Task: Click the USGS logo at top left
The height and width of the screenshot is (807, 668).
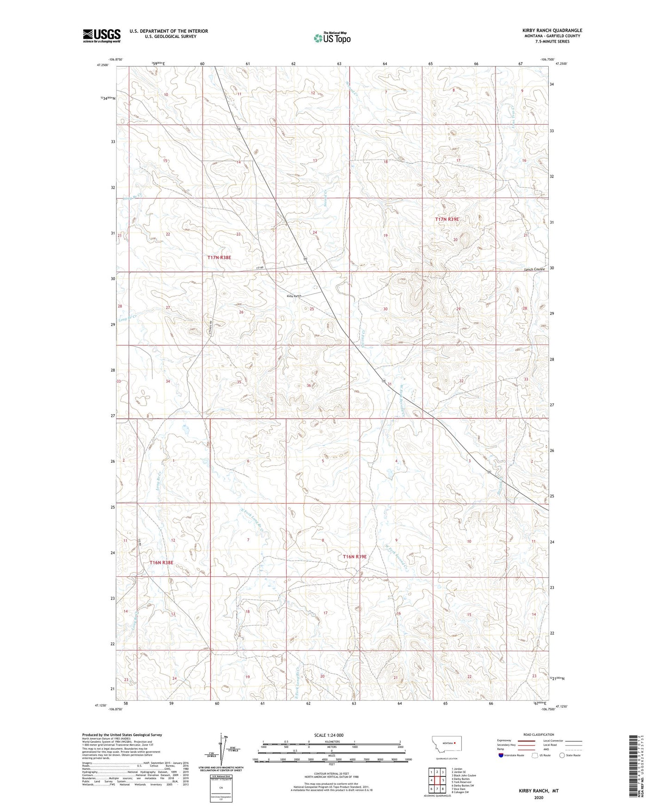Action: [x=102, y=35]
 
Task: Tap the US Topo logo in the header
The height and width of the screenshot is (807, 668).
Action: [x=331, y=38]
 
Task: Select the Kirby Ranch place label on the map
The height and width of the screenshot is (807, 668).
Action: [x=294, y=296]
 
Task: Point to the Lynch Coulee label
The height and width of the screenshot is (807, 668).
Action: [x=534, y=269]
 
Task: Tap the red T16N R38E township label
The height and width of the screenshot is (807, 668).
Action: [x=161, y=562]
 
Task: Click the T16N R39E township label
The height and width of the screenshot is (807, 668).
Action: [x=355, y=557]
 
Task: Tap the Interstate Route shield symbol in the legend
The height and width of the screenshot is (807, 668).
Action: [x=502, y=755]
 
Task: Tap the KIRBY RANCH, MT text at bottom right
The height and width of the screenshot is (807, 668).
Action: [x=539, y=791]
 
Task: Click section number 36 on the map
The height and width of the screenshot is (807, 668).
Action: [x=309, y=385]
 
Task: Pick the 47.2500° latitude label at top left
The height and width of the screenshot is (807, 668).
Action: [x=103, y=65]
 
